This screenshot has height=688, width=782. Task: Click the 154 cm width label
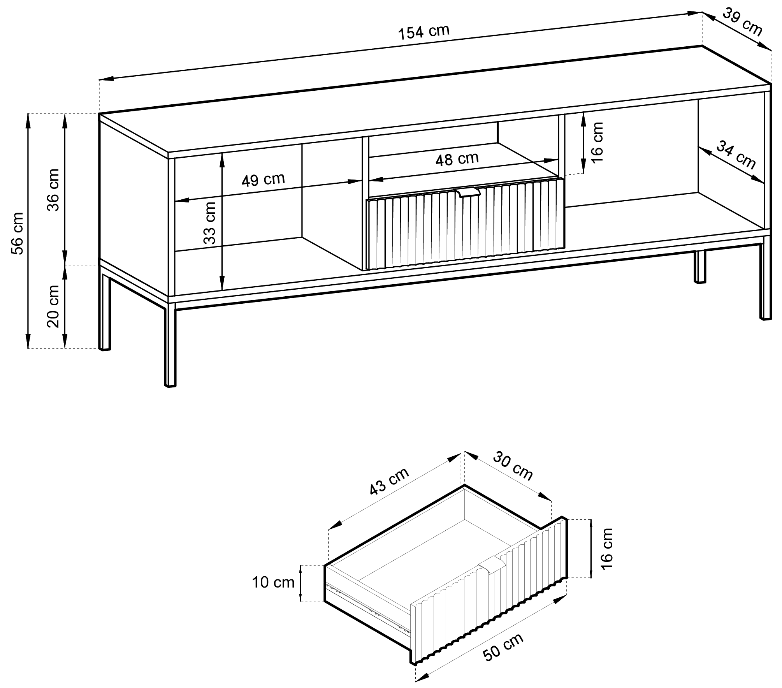click(424, 32)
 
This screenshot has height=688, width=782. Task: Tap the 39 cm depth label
click(742, 22)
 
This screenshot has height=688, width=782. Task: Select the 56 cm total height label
click(18, 233)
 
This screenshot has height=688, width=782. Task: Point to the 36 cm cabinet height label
click(53, 190)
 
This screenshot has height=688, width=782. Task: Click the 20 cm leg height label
click(53, 306)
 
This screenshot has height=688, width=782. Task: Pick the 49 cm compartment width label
click(263, 179)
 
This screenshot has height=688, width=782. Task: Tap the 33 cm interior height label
click(209, 223)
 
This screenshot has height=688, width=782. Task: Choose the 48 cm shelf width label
click(457, 158)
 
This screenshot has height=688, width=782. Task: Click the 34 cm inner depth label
click(736, 155)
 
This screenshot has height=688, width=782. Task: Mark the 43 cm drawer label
click(389, 481)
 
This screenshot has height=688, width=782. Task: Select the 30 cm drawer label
click(513, 466)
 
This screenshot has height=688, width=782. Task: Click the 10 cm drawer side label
click(273, 583)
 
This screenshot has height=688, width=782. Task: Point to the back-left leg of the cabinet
click(105, 311)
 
